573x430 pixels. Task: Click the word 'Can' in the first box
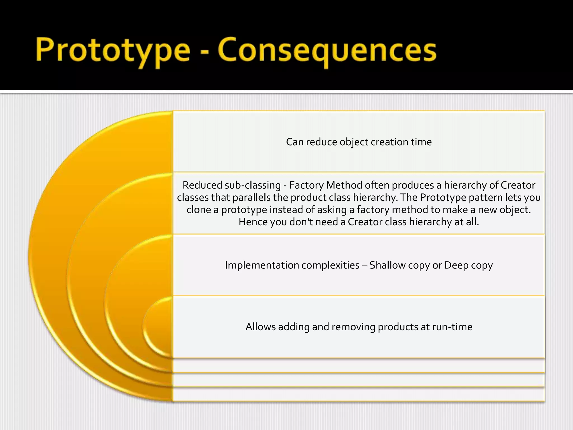pyautogui.click(x=294, y=142)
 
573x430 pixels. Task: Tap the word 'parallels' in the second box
pyautogui.click(x=251, y=198)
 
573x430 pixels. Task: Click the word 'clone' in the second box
pyautogui.click(x=198, y=210)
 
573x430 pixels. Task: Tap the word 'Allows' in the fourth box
pyautogui.click(x=260, y=327)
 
